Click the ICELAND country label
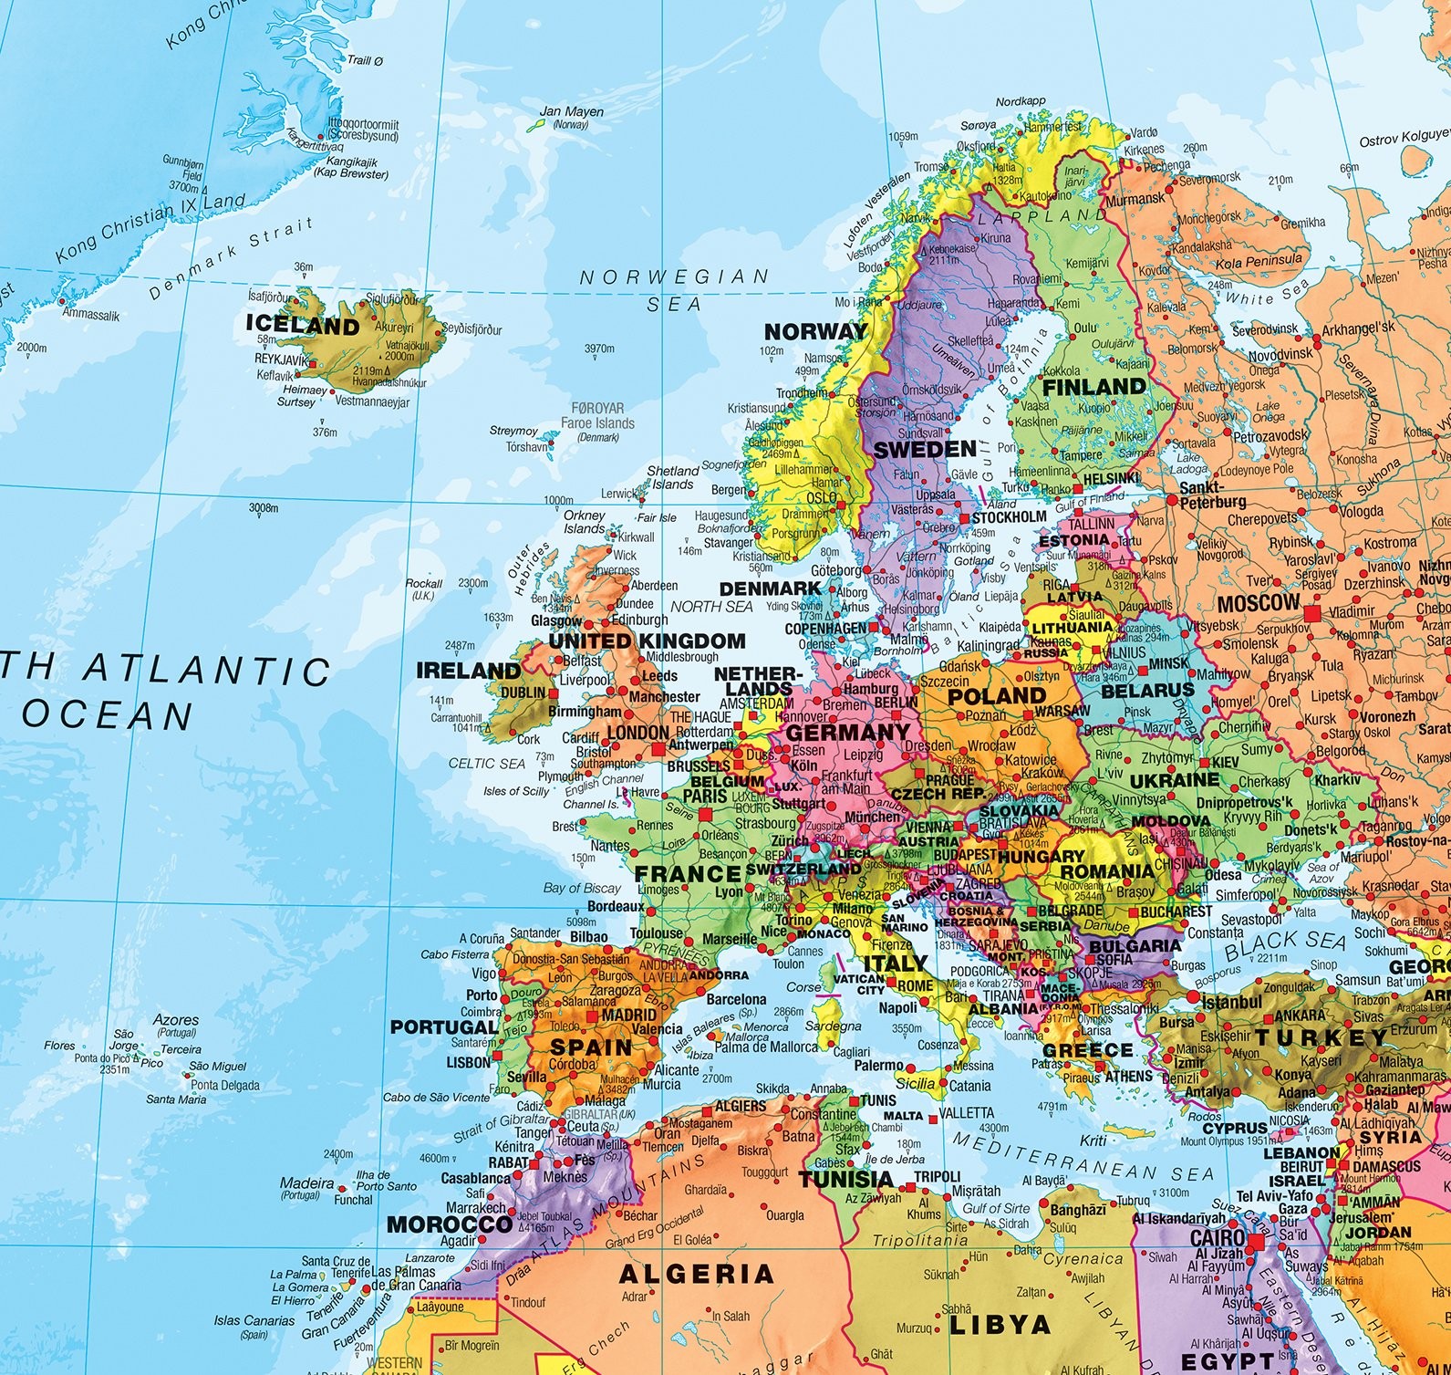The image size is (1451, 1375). [x=303, y=325]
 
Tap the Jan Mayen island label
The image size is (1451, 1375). [x=572, y=112]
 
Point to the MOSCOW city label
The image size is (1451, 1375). [x=1258, y=602]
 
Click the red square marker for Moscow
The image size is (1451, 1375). [x=1311, y=614]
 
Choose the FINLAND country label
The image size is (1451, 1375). [x=1093, y=387]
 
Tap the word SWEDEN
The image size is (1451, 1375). [x=925, y=449]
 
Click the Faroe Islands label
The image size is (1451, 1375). [x=597, y=422]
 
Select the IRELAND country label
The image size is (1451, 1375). [x=468, y=671]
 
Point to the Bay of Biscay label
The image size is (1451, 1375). [x=582, y=888]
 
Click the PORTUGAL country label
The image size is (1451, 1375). [x=443, y=1026]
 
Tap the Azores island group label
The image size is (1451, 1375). [x=177, y=1019]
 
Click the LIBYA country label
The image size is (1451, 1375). [x=1000, y=1324]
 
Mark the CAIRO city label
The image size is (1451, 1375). [x=1218, y=1239]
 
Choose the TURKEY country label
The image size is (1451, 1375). [x=1321, y=1037]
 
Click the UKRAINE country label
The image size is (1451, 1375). [x=1174, y=781]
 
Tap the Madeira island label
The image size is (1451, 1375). [x=306, y=1182]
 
